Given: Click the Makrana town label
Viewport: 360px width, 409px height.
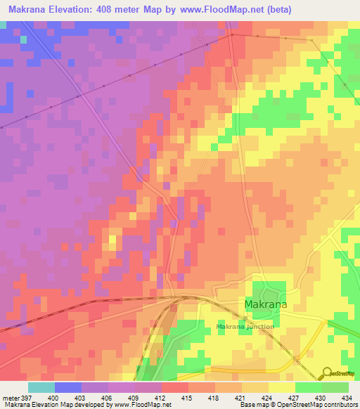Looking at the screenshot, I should (266, 304).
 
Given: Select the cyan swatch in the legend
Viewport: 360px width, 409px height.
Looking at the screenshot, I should (41, 387).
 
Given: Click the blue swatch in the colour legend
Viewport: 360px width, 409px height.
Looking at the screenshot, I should (68, 387).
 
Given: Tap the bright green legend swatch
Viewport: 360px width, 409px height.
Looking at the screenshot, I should (309, 387).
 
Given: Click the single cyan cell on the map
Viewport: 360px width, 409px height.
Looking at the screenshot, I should (24, 39).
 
